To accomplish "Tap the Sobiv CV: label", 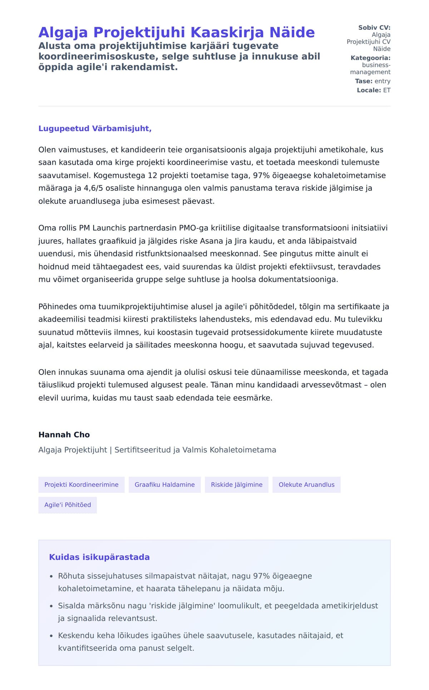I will coord(374,28).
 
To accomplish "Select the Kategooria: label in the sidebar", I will coord(370,58).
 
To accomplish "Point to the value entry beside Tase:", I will coord(383,81).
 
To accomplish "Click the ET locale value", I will coord(387,90).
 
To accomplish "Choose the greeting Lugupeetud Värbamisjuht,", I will coord(95,129).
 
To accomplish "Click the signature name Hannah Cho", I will coord(64,435).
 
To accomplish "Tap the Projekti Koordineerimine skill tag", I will coord(81,485).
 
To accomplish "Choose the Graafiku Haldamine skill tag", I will coord(164,485).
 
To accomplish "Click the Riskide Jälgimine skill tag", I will coord(236,485).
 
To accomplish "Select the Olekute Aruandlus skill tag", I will coord(306,485).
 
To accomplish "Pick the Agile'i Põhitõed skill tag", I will coord(68,505).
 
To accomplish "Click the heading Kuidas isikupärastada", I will coord(99,557).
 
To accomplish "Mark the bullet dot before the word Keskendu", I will coord(51,636).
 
